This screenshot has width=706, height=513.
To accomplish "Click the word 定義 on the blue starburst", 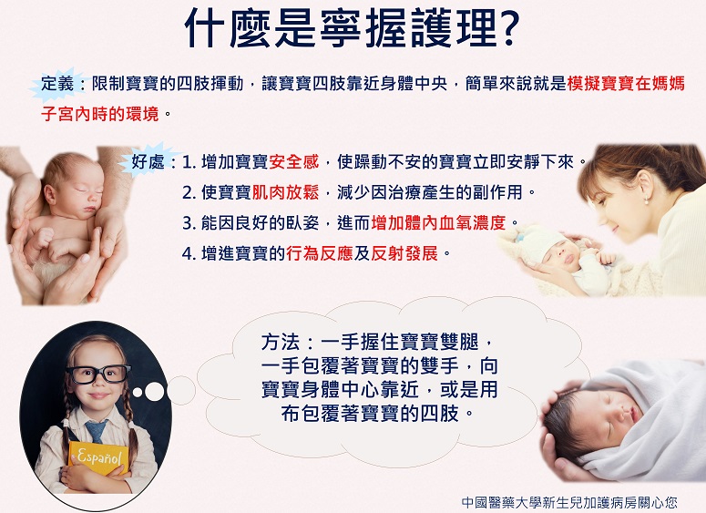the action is [x=57, y=84].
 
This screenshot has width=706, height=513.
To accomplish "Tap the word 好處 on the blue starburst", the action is [x=148, y=161].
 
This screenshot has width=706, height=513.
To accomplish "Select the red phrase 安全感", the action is [x=293, y=161].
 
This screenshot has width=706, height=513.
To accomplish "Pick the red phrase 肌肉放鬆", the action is [x=285, y=192].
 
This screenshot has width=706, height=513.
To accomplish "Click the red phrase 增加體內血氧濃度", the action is [x=438, y=223].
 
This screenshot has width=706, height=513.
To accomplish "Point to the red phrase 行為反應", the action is [x=319, y=253].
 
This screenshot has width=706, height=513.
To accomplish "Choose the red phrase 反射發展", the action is [x=404, y=253].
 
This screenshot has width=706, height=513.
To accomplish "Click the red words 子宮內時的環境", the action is [x=100, y=114].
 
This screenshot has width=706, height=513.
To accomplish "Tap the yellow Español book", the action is [x=98, y=457].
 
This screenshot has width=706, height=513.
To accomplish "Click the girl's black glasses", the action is [x=99, y=374].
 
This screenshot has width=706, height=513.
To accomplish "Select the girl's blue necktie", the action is [x=96, y=430].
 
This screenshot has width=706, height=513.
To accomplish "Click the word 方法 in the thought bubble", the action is [x=280, y=343].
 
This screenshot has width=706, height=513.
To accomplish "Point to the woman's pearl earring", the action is [x=647, y=200].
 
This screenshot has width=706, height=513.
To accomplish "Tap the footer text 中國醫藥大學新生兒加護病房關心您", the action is [x=569, y=502].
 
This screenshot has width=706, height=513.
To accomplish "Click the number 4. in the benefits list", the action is [x=189, y=254].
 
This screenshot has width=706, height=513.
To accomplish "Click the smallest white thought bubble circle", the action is [x=138, y=393].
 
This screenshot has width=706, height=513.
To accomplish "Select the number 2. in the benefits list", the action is [x=189, y=193].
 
